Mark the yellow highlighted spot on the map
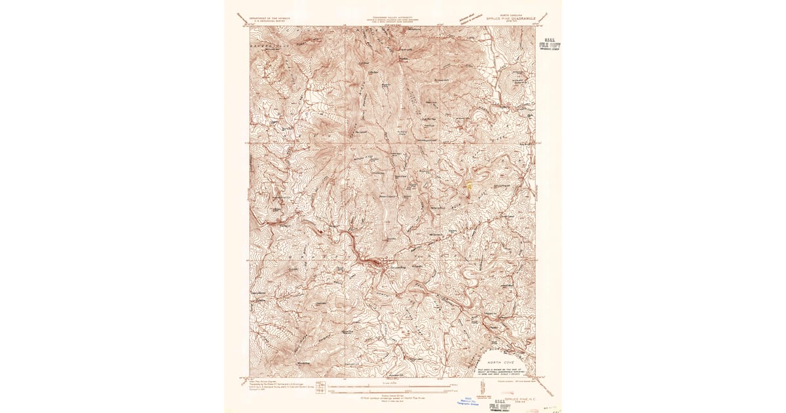coord(469,186)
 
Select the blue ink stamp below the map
coord(468,402)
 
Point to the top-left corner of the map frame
coord(250,27)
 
